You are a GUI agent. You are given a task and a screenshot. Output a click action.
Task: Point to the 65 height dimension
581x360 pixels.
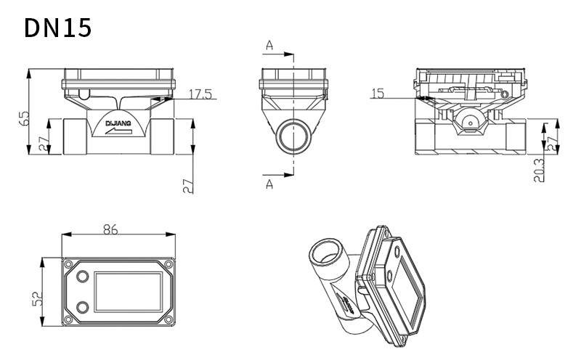23,116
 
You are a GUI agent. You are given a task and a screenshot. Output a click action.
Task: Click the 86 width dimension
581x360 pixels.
110,229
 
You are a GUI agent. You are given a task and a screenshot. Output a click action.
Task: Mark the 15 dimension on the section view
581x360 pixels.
377,93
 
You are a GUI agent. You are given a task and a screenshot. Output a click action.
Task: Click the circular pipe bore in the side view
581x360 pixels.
293,136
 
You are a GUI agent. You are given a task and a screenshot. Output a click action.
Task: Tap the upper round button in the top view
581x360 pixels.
81,277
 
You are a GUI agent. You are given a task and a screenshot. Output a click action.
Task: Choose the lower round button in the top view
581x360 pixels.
81,306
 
